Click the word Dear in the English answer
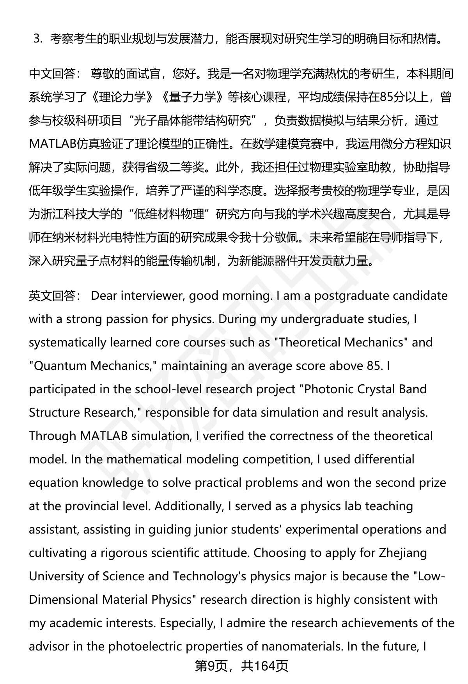click(x=104, y=296)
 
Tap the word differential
click(x=384, y=460)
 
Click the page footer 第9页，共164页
click(x=241, y=666)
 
